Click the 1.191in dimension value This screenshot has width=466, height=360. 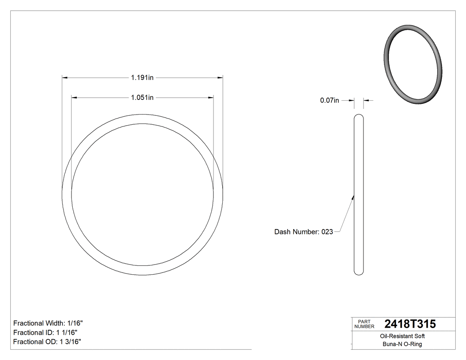click(142, 78)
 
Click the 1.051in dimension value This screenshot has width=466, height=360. click(142, 97)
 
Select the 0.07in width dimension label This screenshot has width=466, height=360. click(329, 101)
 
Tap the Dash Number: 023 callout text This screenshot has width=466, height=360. click(304, 232)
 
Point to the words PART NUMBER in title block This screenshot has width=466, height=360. click(364, 324)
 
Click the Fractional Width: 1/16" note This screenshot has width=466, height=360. click(48, 323)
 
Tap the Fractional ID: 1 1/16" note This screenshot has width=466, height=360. click(47, 332)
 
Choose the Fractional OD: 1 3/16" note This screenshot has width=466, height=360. click(47, 342)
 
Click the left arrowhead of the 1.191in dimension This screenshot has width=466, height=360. click(64, 78)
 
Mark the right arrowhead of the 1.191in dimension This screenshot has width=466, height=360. click(220, 78)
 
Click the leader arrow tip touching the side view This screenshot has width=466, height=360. click(353, 197)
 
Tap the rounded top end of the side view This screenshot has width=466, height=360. click(359, 116)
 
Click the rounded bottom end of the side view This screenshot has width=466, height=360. click(359, 273)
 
